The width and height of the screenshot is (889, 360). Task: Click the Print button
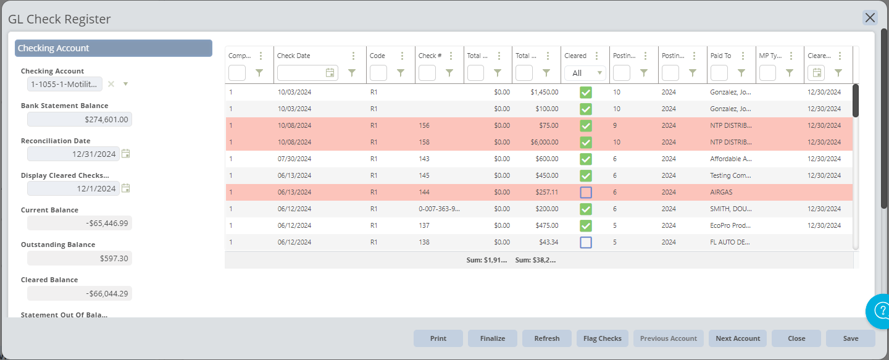pos(438,338)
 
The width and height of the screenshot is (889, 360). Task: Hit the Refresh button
pos(547,338)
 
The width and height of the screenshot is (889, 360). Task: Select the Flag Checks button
pos(602,338)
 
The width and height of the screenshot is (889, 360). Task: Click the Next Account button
pos(738,338)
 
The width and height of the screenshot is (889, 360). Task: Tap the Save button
pos(851,338)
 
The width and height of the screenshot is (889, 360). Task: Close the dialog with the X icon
pos(870,17)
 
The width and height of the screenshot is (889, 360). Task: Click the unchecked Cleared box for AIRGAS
pos(586,192)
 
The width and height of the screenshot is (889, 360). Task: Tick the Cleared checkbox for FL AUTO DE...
pos(586,242)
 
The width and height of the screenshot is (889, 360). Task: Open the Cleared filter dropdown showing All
pos(585,73)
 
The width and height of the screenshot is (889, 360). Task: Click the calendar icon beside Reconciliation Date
pos(126,154)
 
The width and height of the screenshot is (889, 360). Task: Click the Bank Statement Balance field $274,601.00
pos(80,119)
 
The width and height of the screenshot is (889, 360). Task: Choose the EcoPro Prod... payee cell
pos(731,225)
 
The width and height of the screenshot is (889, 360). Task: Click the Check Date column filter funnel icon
pos(352,73)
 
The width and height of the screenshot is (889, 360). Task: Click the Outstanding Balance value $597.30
pos(80,258)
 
